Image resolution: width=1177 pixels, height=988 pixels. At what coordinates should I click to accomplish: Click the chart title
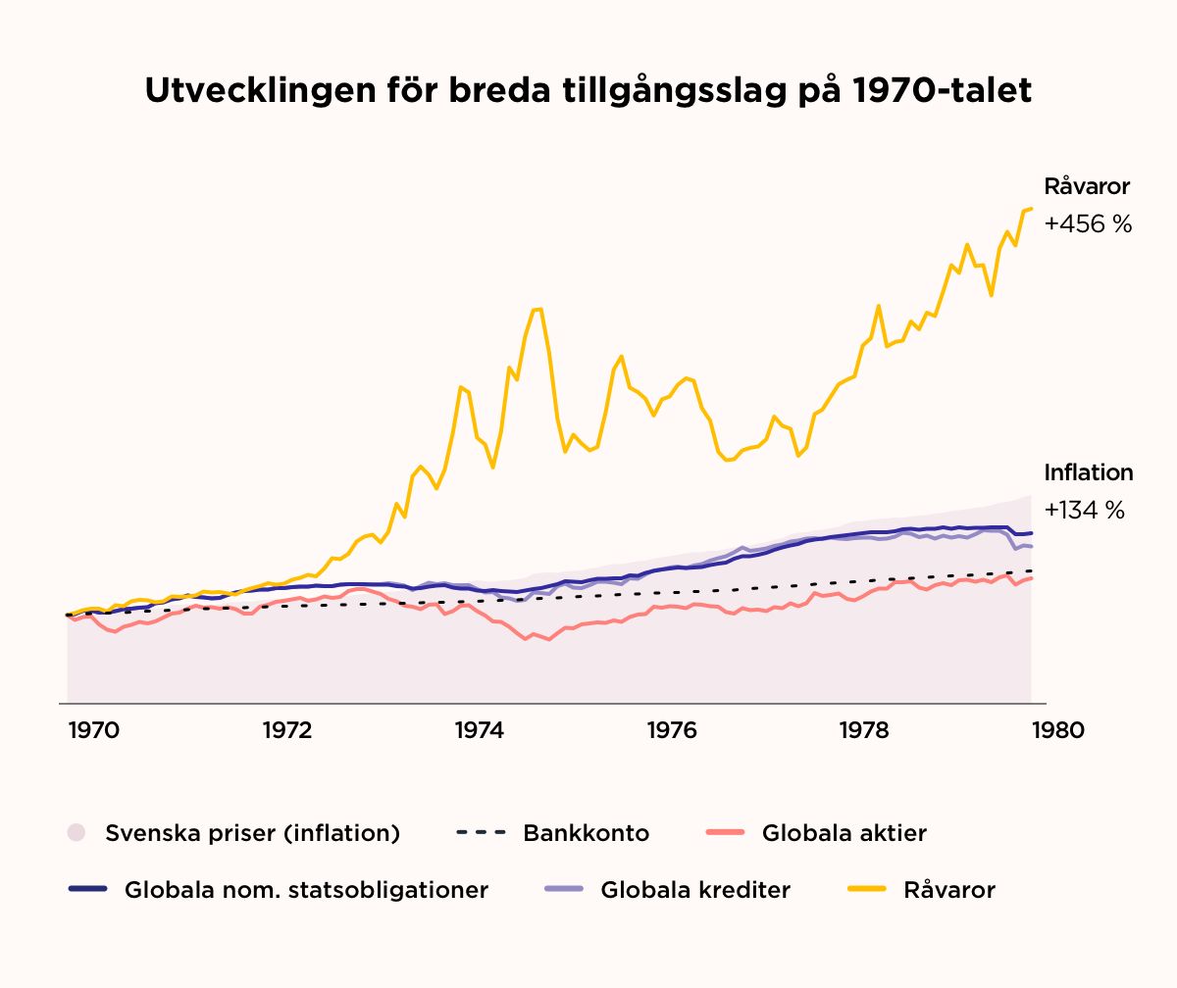coord(588,92)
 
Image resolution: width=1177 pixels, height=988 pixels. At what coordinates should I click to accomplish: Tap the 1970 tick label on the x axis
coord(94,731)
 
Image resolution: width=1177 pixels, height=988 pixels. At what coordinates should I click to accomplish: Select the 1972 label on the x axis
coord(286,731)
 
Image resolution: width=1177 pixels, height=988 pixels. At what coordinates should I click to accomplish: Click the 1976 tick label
coord(672,731)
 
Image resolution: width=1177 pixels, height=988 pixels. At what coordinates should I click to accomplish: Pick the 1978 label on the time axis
coord(864,731)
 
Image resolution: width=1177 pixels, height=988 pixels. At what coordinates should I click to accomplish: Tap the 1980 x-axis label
coord(1057,731)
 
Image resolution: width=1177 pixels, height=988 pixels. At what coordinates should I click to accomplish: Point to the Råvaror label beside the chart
coord(1087,187)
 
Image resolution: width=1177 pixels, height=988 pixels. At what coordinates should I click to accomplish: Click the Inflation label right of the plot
coord(1088,473)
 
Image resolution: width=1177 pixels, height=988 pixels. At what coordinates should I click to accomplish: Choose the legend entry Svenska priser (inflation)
coord(252,834)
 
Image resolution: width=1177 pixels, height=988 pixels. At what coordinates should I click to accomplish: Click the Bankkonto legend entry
coord(586,834)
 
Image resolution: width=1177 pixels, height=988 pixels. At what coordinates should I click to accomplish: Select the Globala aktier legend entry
coord(844,834)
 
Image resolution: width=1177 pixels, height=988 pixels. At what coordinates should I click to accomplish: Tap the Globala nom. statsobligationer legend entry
coord(306,890)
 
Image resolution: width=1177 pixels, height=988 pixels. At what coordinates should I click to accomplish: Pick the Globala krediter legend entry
coord(695,890)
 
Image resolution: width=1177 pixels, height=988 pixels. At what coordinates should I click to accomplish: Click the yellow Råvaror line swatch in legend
coord(865,890)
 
